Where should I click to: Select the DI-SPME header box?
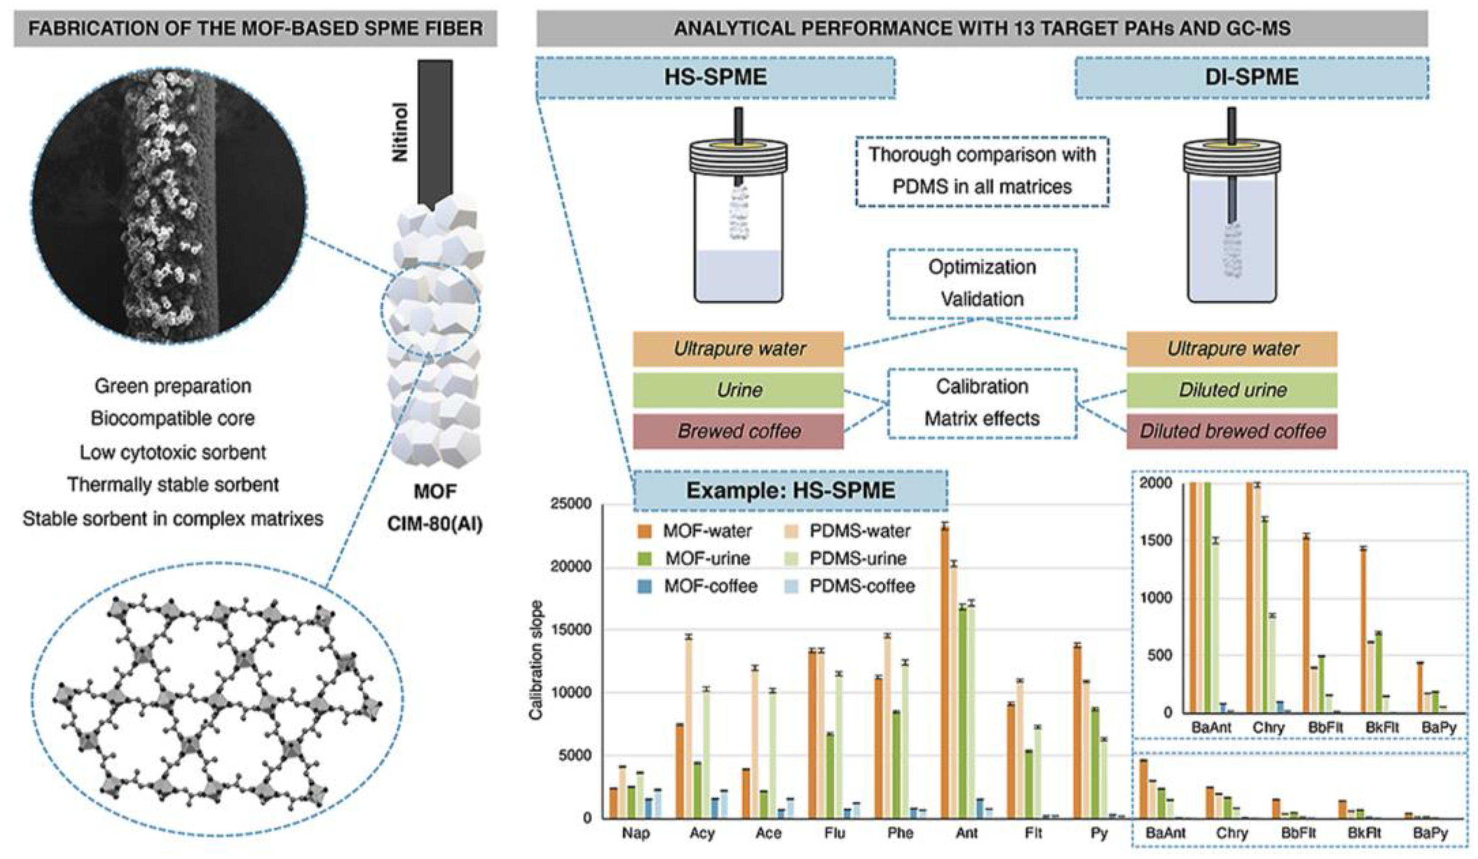(1251, 78)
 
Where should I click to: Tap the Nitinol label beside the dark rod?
(400, 132)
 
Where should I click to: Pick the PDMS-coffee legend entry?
(862, 586)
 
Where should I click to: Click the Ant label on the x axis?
(966, 833)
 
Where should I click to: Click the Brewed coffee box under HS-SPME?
(738, 431)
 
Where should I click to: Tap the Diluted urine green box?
(1232, 390)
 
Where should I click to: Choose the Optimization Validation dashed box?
(982, 283)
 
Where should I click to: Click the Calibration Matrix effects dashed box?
(982, 403)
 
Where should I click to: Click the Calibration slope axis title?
(536, 660)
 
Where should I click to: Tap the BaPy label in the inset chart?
(1438, 728)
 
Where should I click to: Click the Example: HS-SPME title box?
(790, 490)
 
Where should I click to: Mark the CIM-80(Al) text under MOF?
(434, 524)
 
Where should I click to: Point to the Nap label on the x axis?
(636, 833)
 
